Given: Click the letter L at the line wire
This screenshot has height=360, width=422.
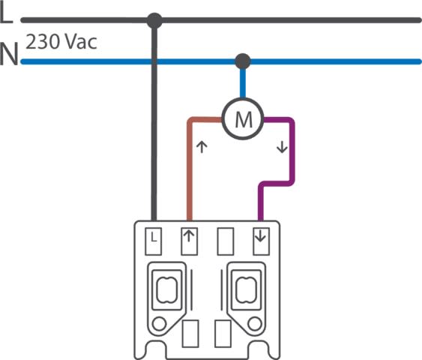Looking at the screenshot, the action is pyautogui.click(x=6, y=14).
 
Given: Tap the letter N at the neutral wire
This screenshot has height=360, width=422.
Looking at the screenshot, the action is pyautogui.click(x=9, y=54).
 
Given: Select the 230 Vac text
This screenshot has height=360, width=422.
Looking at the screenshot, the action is pyautogui.click(x=61, y=42).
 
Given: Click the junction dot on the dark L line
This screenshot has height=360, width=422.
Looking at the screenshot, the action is pyautogui.click(x=154, y=20).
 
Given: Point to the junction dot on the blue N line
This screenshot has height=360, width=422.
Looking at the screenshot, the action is pyautogui.click(x=243, y=61).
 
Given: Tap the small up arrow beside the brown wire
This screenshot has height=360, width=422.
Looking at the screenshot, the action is pyautogui.click(x=202, y=147).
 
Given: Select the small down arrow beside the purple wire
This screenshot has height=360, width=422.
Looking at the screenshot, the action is pyautogui.click(x=282, y=147).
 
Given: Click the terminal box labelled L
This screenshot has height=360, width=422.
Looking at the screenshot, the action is pyautogui.click(x=154, y=241).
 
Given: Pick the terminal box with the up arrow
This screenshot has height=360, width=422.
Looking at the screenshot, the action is pyautogui.click(x=190, y=241).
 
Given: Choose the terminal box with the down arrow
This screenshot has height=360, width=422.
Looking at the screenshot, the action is pyautogui.click(x=262, y=241).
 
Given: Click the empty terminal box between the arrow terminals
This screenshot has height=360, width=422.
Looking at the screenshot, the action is pyautogui.click(x=226, y=241).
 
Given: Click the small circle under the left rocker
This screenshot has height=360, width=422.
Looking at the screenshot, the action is pyautogui.click(x=159, y=324).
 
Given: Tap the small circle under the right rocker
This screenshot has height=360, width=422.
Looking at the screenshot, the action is pyautogui.click(x=255, y=324).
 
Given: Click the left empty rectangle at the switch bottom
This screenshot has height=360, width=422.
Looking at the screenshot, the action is pyautogui.click(x=190, y=334).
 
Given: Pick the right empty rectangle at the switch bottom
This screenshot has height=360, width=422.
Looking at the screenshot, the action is pyautogui.click(x=223, y=334).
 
